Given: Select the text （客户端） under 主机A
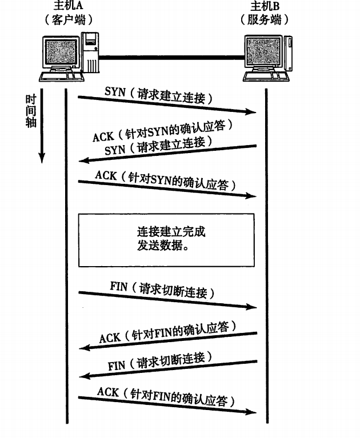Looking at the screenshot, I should pyautogui.click(x=68, y=19).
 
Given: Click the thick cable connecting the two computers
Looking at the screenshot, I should pyautogui.click(x=171, y=57).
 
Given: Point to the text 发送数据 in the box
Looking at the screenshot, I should pyautogui.click(x=162, y=246).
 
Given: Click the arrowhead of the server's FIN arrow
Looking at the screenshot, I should pyautogui.click(x=82, y=375).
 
